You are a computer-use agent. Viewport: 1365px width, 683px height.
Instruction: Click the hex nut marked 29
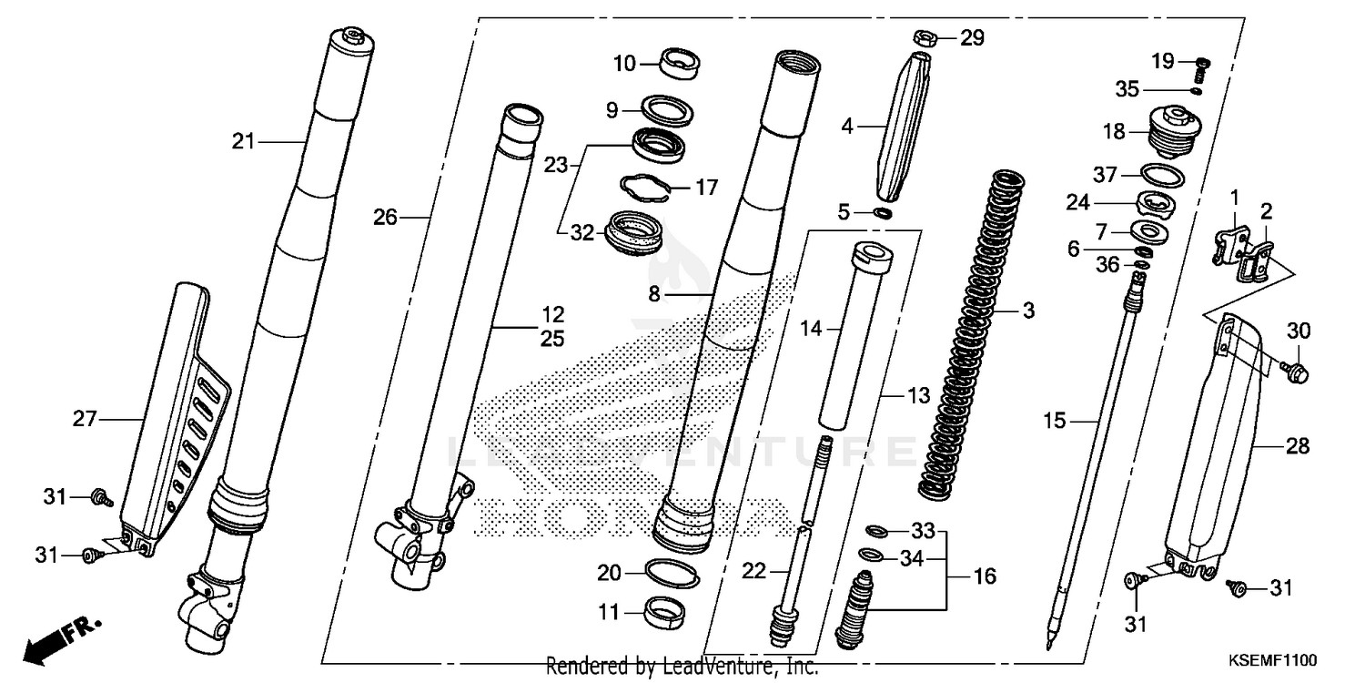click(x=923, y=38)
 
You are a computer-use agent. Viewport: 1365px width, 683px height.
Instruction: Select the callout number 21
click(x=243, y=141)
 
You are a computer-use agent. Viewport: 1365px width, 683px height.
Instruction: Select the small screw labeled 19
click(x=1201, y=63)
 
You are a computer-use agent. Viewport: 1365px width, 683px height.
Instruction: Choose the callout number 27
click(x=85, y=419)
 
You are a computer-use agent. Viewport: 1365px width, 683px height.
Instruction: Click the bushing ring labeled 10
click(x=681, y=63)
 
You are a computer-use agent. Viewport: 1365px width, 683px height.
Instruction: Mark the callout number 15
click(x=1054, y=421)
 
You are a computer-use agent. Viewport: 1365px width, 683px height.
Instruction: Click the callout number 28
click(x=1298, y=446)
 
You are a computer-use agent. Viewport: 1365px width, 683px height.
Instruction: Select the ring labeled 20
click(x=672, y=574)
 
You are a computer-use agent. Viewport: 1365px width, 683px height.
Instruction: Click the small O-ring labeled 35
click(x=1196, y=89)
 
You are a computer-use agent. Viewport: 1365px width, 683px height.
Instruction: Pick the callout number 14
click(x=811, y=328)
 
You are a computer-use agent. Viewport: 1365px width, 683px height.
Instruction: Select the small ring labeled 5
click(x=882, y=213)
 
